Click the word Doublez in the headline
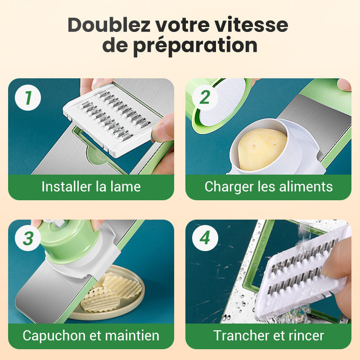[x=109, y=25]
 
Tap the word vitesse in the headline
[x=252, y=25]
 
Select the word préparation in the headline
[x=195, y=46]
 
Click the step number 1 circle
[x=28, y=98]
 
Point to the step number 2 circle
[x=205, y=98]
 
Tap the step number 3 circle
[x=28, y=238]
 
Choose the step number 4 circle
[x=205, y=238]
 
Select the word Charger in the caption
[x=229, y=187]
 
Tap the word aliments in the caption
[x=306, y=186]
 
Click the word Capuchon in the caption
[x=54, y=336]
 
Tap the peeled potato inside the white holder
[x=262, y=149]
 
